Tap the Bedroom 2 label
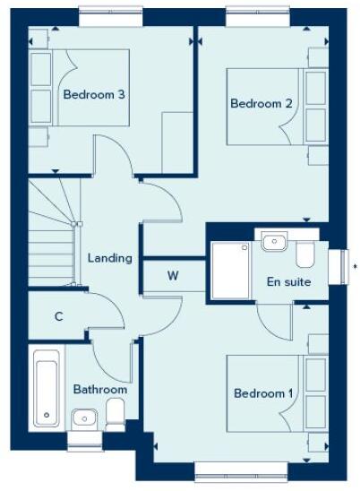tap(261, 103)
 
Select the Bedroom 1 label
tap(263, 393)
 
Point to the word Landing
tap(110, 258)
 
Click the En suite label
tap(289, 281)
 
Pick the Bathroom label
tap(100, 390)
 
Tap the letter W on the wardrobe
tap(174, 276)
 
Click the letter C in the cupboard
tap(58, 315)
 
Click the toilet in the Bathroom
tap(116, 415)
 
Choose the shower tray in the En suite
tap(230, 270)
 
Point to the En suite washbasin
tap(273, 241)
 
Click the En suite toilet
tap(305, 254)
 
